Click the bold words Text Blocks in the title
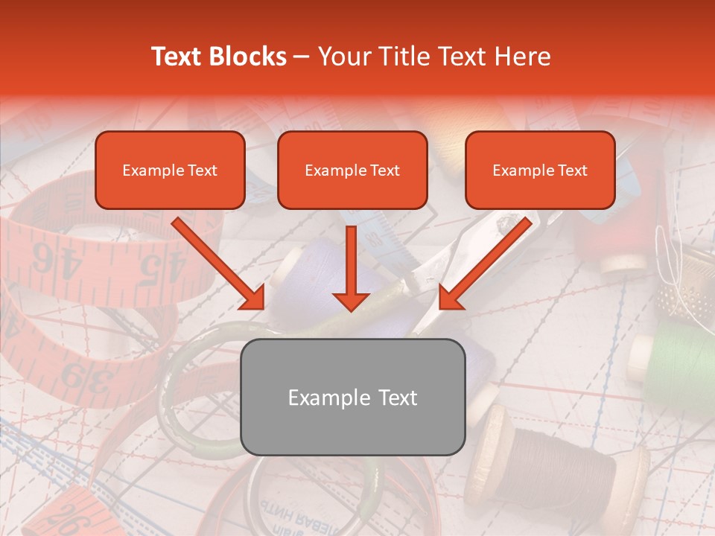218,57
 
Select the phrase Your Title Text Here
434,57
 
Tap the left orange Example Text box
170,170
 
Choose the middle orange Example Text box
352,170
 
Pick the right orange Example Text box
540,170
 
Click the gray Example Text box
352,398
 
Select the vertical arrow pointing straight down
352,268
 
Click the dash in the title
302,57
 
